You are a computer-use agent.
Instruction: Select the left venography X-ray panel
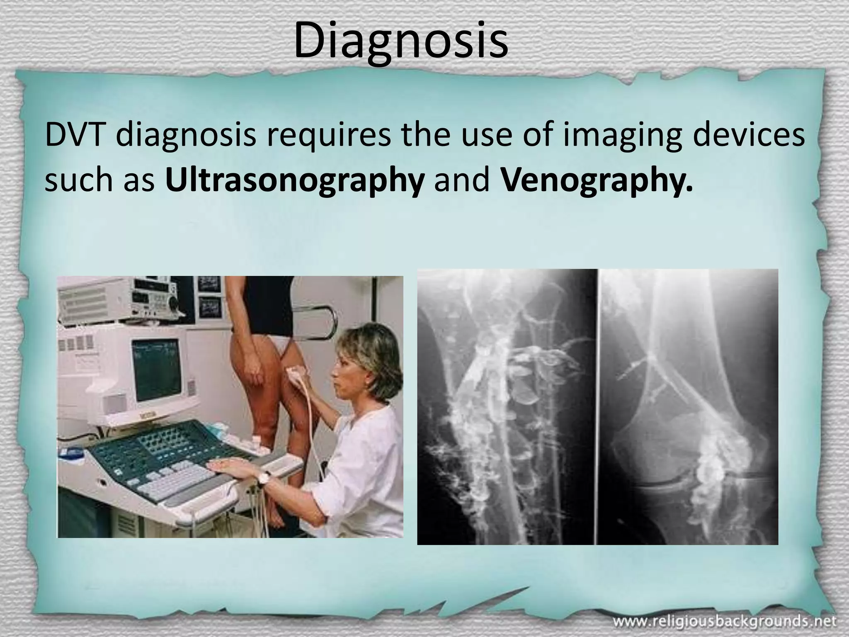coord(506,406)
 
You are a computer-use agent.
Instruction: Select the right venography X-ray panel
coord(688,406)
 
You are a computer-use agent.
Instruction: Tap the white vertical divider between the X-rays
coord(597,406)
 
